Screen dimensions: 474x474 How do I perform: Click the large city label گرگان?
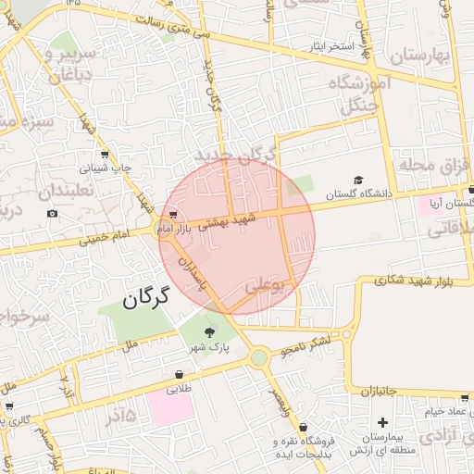click(x=147, y=297)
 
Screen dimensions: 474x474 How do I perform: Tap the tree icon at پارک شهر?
click(x=209, y=331)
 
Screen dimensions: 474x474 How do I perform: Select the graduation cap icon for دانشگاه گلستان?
click(x=357, y=181)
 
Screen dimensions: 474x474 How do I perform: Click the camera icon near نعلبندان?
click(x=52, y=214)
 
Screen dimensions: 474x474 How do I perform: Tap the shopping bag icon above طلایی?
click(x=178, y=375)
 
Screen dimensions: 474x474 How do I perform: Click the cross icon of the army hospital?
click(x=383, y=422)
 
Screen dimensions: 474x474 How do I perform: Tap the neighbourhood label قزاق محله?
click(x=430, y=167)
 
